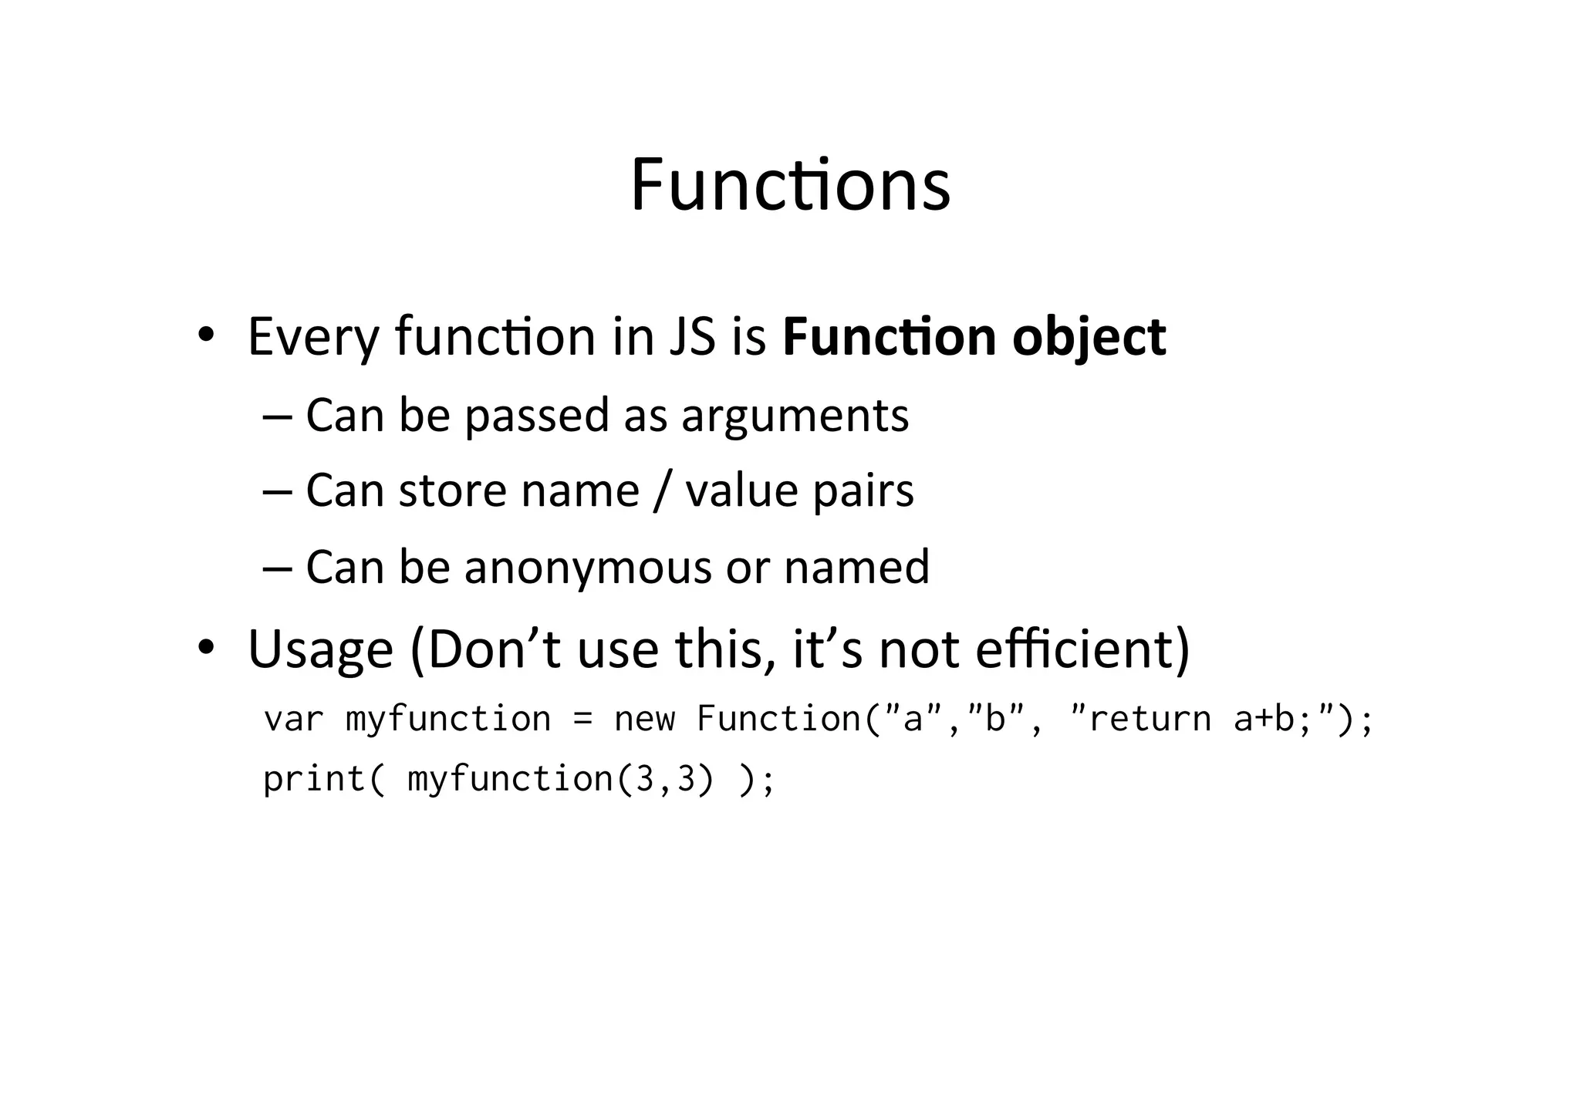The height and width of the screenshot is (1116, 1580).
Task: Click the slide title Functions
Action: (790, 185)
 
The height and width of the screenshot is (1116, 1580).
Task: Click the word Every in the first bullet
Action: (313, 337)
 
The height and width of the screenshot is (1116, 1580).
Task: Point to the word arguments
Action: (795, 416)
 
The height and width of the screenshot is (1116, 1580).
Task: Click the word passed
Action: (536, 416)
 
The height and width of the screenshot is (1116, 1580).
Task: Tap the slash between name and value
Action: (661, 491)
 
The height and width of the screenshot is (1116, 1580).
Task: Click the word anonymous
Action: (587, 567)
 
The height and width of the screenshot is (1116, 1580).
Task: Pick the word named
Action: (856, 567)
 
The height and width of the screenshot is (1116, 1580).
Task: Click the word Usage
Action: (320, 649)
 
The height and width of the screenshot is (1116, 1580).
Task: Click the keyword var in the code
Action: (294, 720)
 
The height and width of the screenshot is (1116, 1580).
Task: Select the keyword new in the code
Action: (644, 720)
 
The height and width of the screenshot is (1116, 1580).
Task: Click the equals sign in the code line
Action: (582, 720)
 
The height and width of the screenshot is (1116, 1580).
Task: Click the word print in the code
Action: (313, 779)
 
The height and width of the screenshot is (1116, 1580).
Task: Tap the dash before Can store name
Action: (277, 491)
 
